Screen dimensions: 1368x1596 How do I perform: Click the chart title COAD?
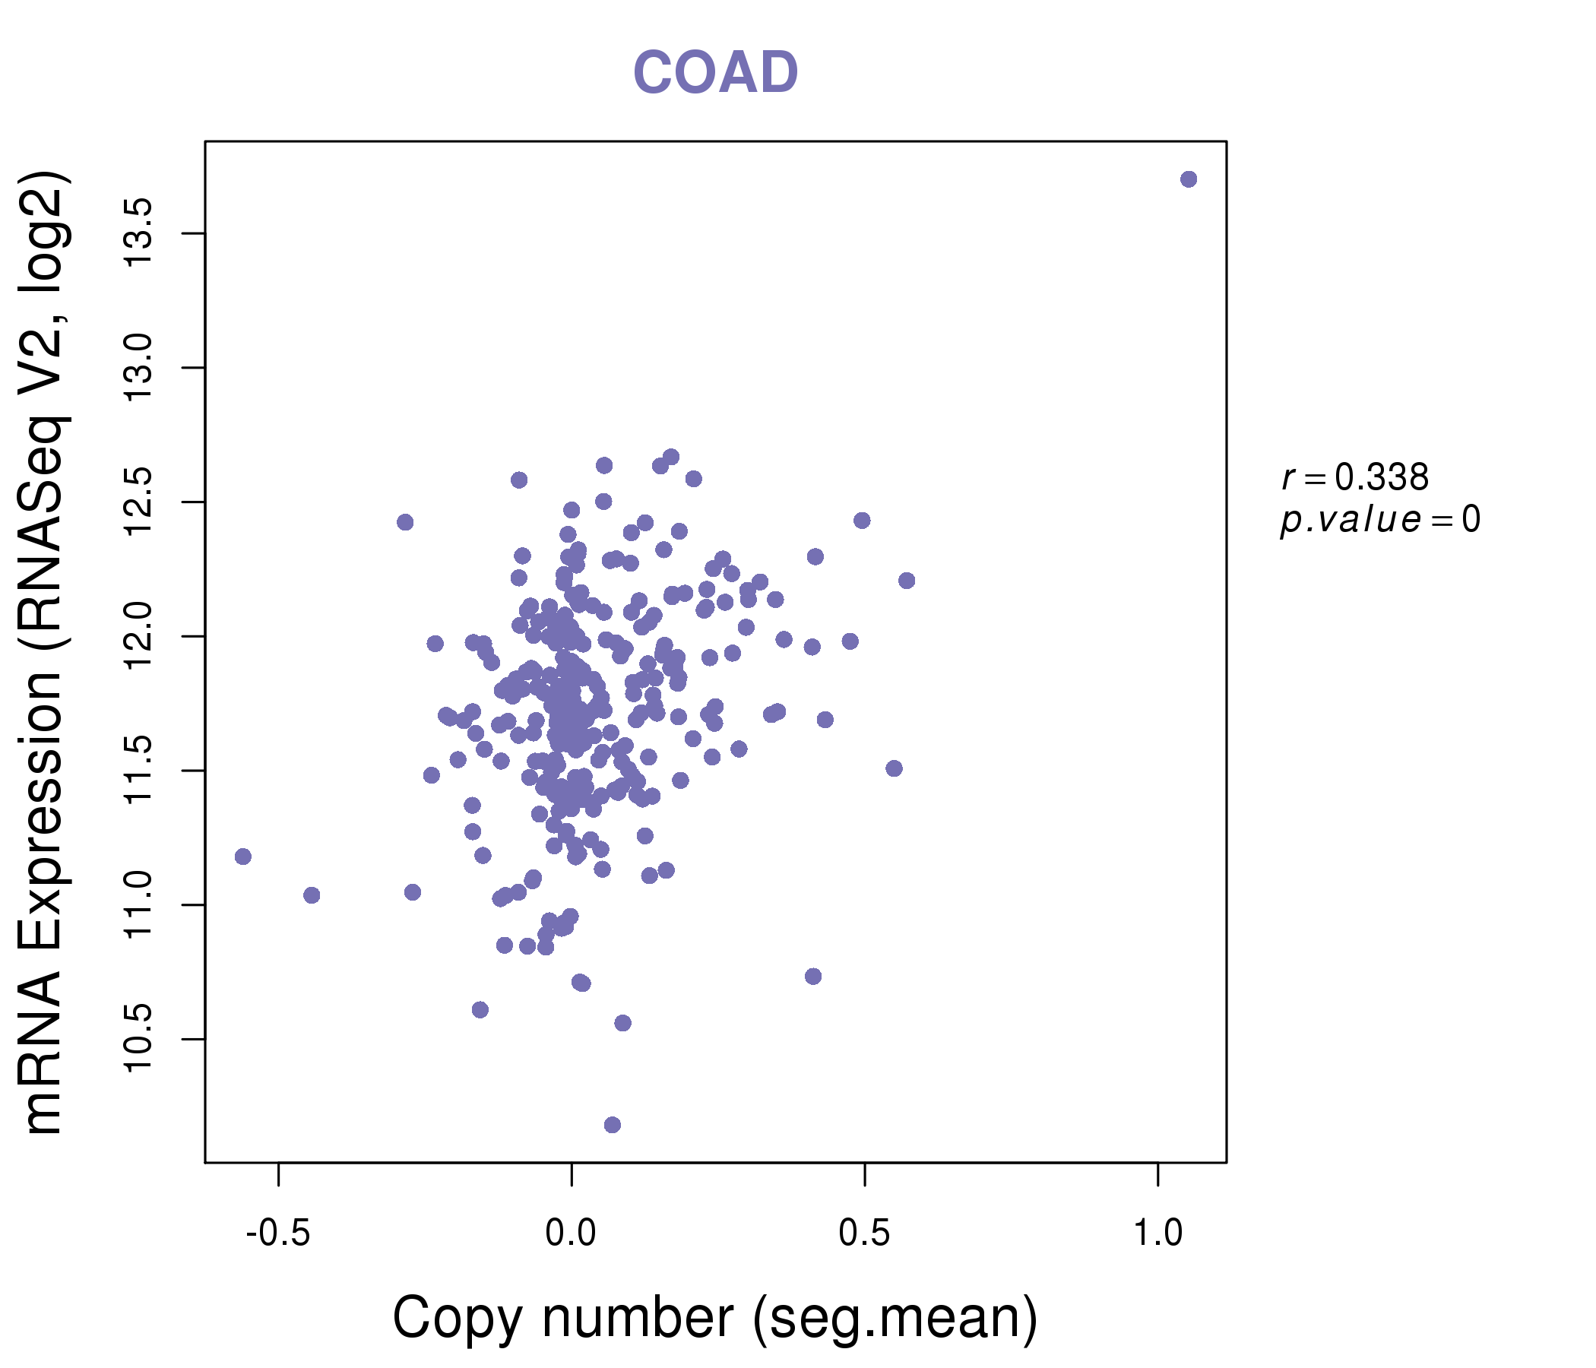[x=715, y=73]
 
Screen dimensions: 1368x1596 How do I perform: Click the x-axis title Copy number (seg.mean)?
[x=715, y=1318]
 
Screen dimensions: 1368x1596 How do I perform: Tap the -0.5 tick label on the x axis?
[x=278, y=1233]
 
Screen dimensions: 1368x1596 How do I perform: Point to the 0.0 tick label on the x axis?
[x=571, y=1233]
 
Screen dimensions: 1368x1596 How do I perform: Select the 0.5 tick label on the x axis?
[x=864, y=1233]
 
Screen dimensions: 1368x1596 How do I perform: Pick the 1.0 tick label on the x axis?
[x=1157, y=1233]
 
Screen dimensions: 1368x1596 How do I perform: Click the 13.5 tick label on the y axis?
[x=140, y=233]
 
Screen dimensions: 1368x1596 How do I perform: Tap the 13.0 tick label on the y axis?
[x=140, y=367]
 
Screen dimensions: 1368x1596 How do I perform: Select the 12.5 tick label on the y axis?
[x=140, y=502]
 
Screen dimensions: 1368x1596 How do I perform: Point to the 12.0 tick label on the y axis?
[x=140, y=636]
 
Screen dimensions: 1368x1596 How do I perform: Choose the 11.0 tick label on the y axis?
[x=140, y=904]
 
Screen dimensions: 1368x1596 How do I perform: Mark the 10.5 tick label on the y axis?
[x=140, y=1038]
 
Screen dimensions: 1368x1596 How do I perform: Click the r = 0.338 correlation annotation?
[x=1355, y=477]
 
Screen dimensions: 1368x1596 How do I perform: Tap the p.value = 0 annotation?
[x=1379, y=520]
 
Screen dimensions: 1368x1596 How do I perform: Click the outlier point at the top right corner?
[x=1189, y=179]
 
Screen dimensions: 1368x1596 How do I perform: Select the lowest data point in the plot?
[x=613, y=1125]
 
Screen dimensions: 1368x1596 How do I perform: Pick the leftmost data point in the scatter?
[x=243, y=857]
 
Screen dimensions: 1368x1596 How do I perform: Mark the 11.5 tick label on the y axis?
[x=140, y=771]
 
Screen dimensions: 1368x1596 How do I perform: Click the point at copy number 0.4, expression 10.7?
[x=812, y=976]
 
